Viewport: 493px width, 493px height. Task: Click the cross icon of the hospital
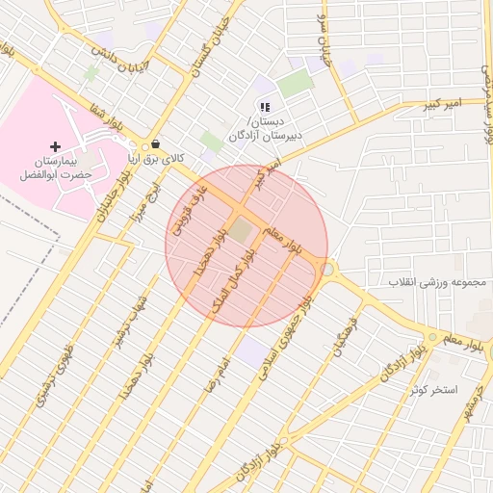tap(55, 146)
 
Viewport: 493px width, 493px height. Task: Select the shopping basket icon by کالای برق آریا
tap(155, 144)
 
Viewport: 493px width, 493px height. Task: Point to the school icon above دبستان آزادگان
tap(264, 107)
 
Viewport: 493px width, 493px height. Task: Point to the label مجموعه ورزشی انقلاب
tap(434, 282)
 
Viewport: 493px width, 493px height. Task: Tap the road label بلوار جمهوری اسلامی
tap(285, 337)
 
